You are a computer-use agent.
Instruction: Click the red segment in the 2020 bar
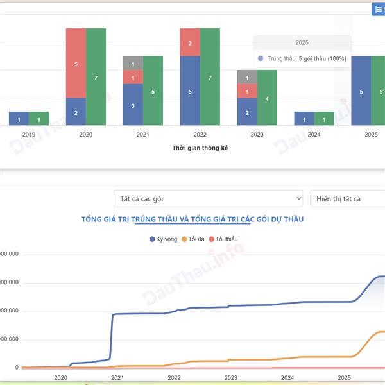pyautogui.click(x=76, y=63)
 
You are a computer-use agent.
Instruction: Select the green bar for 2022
pyautogui.click(x=210, y=77)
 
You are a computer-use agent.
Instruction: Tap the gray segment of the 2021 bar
pyautogui.click(x=133, y=63)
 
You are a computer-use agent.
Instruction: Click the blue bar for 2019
pyautogui.click(x=19, y=119)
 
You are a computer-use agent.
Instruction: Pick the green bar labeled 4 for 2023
pyautogui.click(x=267, y=98)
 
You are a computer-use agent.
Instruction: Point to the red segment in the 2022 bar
pyautogui.click(x=190, y=42)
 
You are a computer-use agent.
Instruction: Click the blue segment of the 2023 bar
pyautogui.click(x=247, y=112)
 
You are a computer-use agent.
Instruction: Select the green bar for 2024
pyautogui.click(x=324, y=119)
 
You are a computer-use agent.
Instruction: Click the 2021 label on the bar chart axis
pyautogui.click(x=142, y=135)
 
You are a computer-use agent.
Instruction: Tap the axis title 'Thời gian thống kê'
pyautogui.click(x=200, y=148)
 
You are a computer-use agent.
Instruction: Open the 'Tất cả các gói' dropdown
pyautogui.click(x=208, y=199)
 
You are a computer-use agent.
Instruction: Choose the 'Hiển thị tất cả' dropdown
pyautogui.click(x=347, y=199)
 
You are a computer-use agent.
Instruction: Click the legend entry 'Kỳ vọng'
pyautogui.click(x=163, y=239)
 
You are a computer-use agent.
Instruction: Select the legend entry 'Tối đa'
pyautogui.click(x=193, y=239)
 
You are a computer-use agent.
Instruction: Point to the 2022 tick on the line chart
pyautogui.click(x=174, y=378)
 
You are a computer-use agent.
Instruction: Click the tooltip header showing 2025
pyautogui.click(x=302, y=42)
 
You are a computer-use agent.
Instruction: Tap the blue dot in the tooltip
pyautogui.click(x=260, y=58)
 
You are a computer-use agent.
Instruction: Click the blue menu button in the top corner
pyautogui.click(x=378, y=9)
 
